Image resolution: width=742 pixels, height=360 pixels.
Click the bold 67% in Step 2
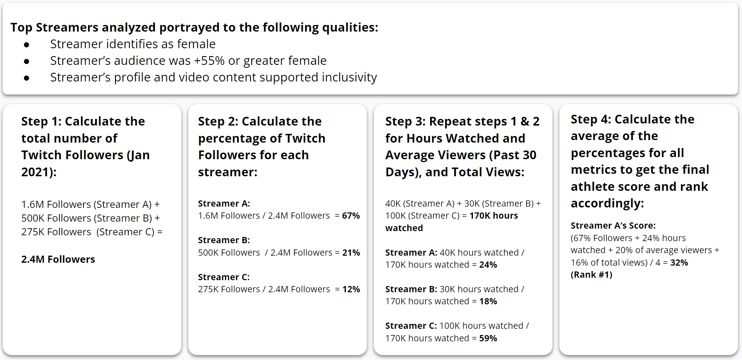(351, 216)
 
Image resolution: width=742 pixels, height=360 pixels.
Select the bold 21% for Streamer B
(351, 253)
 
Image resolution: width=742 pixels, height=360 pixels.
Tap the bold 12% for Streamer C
(351, 289)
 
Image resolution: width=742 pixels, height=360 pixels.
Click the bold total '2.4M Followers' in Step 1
(58, 259)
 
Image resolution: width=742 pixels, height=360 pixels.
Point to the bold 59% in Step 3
(488, 338)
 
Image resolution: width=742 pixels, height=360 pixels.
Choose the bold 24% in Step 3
(488, 265)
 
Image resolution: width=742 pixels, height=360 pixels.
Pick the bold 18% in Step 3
(488, 301)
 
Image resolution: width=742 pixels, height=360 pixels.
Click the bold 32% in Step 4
(679, 263)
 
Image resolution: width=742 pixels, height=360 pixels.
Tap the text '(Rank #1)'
(591, 275)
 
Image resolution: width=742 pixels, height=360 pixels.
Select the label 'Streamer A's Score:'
(613, 226)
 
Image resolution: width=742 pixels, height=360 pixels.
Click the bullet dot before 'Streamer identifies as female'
(27, 44)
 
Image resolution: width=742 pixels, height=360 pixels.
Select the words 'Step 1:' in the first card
(41, 121)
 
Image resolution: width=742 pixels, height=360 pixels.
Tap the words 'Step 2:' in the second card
(218, 121)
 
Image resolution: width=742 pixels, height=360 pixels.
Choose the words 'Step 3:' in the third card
(405, 121)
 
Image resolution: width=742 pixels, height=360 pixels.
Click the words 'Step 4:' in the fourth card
(590, 119)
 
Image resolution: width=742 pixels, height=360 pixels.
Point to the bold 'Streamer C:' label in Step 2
(224, 277)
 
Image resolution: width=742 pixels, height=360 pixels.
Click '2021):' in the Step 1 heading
(39, 172)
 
